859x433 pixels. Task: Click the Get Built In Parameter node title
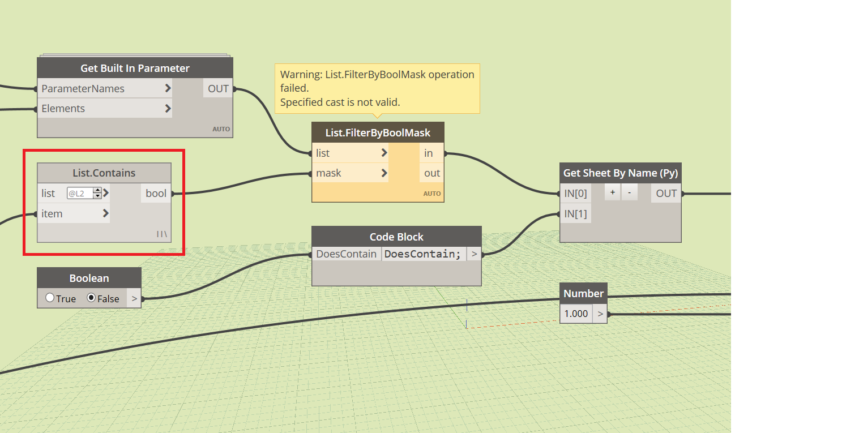pyautogui.click(x=135, y=68)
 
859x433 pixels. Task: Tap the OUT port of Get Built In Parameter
pyautogui.click(x=218, y=88)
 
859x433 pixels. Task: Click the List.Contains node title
pyautogui.click(x=104, y=173)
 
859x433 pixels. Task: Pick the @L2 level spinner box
pyautogui.click(x=84, y=194)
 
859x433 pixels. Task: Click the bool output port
pyautogui.click(x=156, y=193)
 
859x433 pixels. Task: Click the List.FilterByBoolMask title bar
pyautogui.click(x=378, y=133)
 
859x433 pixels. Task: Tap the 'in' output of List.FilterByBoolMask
pyautogui.click(x=429, y=153)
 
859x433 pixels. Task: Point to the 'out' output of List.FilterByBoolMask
pyautogui.click(x=432, y=173)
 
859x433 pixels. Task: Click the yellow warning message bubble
pyautogui.click(x=377, y=88)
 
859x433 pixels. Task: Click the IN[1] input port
pyautogui.click(x=575, y=213)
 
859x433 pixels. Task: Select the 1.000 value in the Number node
pyautogui.click(x=576, y=313)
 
